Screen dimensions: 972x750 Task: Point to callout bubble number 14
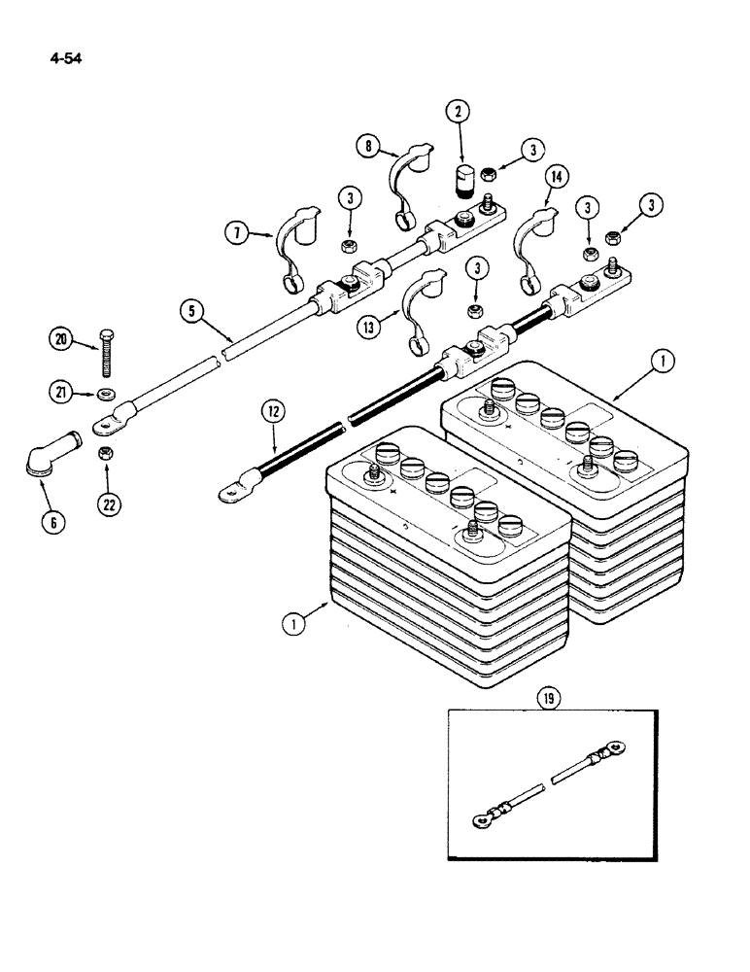pos(558,176)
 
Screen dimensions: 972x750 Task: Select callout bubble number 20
pos(62,337)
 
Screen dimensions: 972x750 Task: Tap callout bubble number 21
pos(62,392)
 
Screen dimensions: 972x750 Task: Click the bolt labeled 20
pos(106,355)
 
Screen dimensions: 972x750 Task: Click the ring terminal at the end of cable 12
pos(229,493)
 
